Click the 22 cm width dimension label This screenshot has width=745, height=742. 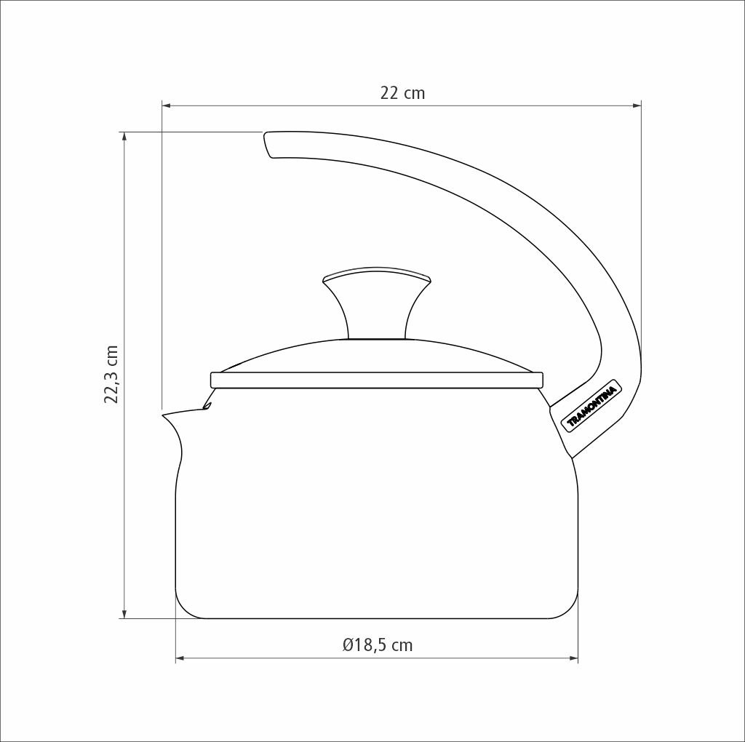click(x=402, y=93)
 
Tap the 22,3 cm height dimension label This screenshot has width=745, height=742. click(x=111, y=375)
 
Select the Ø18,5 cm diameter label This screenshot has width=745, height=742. click(x=378, y=645)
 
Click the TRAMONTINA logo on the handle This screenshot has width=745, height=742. click(x=592, y=406)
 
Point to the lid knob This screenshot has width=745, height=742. click(x=377, y=303)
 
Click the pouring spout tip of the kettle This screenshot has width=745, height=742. click(x=164, y=415)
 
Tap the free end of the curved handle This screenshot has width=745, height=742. click(x=268, y=143)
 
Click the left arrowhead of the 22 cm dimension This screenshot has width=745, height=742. click(x=167, y=106)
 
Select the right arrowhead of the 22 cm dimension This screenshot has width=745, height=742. click(x=637, y=106)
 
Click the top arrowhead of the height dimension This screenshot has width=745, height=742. click(x=125, y=136)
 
